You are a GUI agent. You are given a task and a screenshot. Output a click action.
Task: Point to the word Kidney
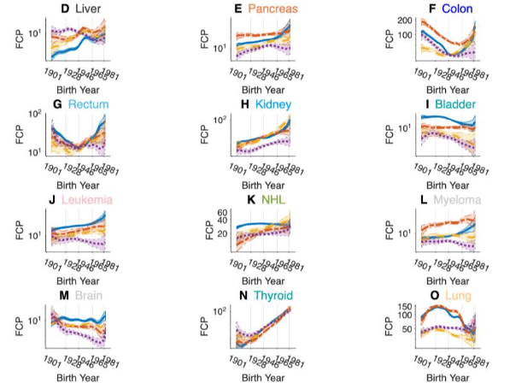[x=273, y=104]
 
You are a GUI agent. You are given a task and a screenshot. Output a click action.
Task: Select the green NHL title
[x=273, y=200]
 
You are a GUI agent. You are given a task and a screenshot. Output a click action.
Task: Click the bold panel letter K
[x=251, y=200]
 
